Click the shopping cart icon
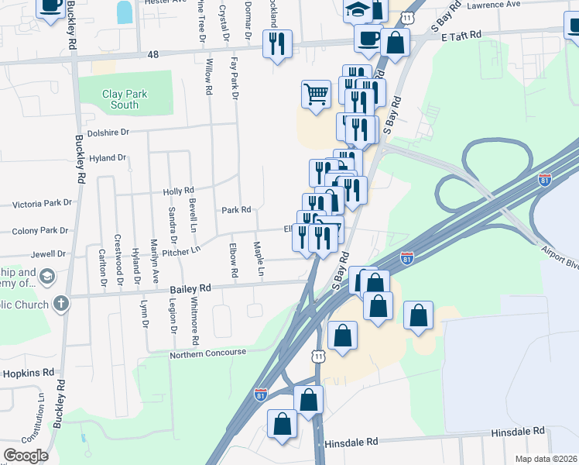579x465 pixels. tap(316, 95)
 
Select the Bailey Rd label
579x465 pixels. tap(190, 288)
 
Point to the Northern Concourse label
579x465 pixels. tap(207, 353)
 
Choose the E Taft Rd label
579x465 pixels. tap(461, 35)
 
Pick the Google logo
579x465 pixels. tap(26, 456)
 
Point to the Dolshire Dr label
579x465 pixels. tap(107, 132)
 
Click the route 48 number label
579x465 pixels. tap(152, 54)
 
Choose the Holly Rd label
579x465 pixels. tap(178, 191)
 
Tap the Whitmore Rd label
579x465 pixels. tap(197, 325)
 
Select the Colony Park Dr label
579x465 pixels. tap(40, 230)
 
